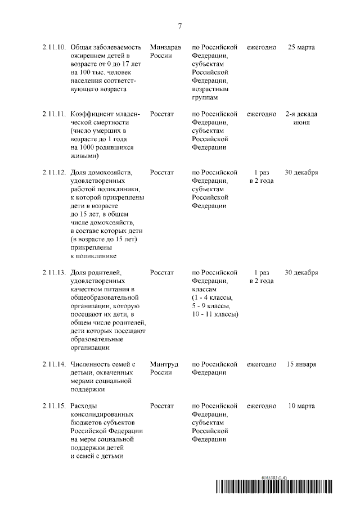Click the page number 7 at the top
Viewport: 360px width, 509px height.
coord(180,26)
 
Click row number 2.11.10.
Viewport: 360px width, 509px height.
coord(53,47)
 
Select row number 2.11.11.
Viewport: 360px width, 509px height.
coord(53,114)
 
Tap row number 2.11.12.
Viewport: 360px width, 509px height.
coord(53,172)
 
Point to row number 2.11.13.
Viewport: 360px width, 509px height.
coord(53,273)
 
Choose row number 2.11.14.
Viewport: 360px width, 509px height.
coord(53,364)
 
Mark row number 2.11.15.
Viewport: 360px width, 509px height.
coord(53,406)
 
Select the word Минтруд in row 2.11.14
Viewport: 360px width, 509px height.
coord(164,364)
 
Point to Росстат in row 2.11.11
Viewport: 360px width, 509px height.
coord(162,114)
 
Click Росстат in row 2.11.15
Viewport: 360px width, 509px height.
coord(162,406)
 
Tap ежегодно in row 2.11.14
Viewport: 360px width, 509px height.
coord(262,364)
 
